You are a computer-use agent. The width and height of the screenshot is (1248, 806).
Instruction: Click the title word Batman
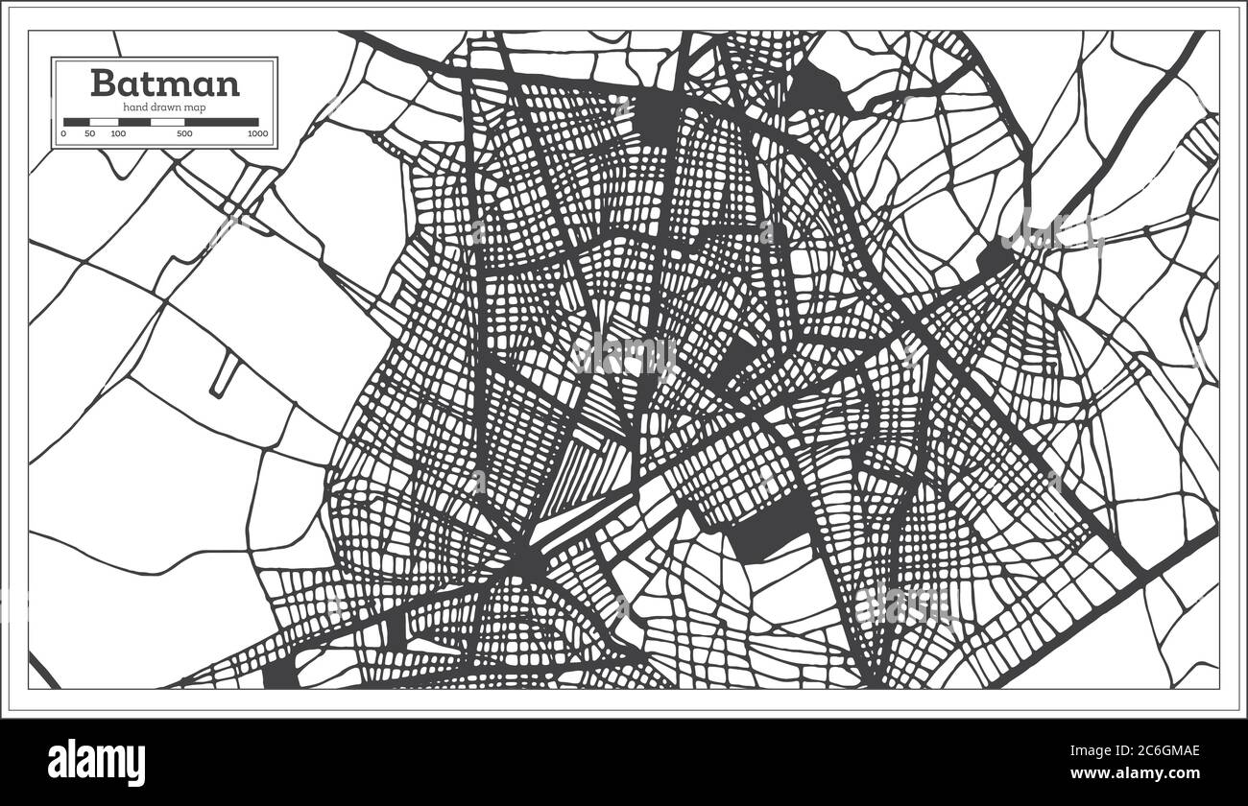[x=165, y=83]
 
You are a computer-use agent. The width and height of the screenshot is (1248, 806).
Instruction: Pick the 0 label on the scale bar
[x=63, y=134]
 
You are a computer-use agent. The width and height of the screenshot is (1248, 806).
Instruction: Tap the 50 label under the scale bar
[x=89, y=134]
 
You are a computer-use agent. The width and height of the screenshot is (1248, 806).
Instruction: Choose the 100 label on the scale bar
[x=117, y=134]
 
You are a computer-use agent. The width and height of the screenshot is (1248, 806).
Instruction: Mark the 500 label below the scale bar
[x=183, y=134]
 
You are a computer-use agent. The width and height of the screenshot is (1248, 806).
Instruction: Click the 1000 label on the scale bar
[x=257, y=134]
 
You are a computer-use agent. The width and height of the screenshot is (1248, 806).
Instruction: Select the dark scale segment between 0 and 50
[x=77, y=122]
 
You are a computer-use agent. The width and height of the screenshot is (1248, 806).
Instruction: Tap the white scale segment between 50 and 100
[x=104, y=122]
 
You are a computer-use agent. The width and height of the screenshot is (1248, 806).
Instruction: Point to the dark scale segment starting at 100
[x=134, y=122]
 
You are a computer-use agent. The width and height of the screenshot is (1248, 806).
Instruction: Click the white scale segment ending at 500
[x=168, y=122]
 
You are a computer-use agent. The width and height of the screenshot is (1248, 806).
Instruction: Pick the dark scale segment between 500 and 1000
[x=222, y=122]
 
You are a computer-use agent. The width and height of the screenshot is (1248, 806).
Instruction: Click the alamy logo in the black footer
[x=97, y=763]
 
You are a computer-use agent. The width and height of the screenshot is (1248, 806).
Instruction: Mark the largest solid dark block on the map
[x=769, y=527]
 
